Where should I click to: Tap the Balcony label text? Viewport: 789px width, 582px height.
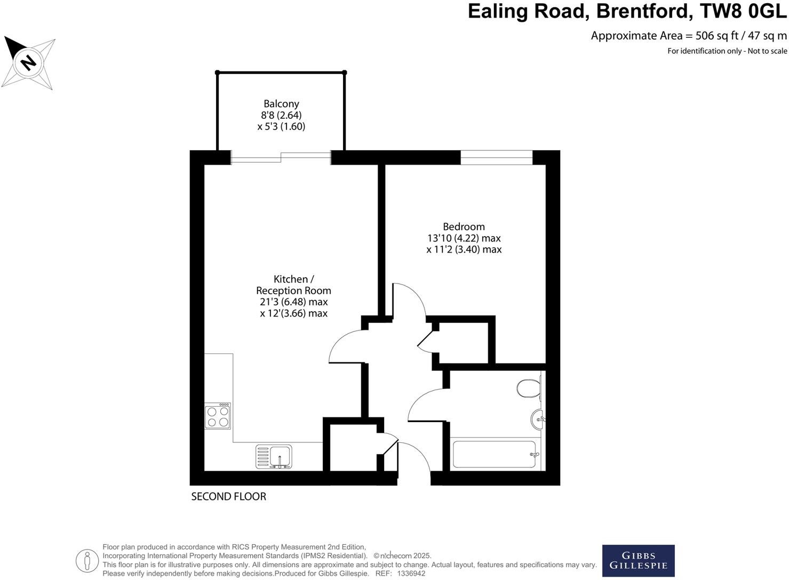[x=281, y=104]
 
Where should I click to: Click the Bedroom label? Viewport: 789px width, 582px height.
[x=464, y=227]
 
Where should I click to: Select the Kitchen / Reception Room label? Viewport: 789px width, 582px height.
[x=293, y=285]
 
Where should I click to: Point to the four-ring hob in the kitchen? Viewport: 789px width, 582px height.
[x=218, y=416]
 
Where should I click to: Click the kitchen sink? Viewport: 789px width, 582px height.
[x=280, y=457]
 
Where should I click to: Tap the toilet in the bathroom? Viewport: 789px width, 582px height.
[x=529, y=388]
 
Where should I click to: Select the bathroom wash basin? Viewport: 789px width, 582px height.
[x=537, y=419]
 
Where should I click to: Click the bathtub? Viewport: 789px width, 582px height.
[x=495, y=454]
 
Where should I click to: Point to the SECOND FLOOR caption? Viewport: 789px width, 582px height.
[x=228, y=497]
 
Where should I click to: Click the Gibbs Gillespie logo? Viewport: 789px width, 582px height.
[x=638, y=561]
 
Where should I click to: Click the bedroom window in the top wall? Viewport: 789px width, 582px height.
[x=497, y=157]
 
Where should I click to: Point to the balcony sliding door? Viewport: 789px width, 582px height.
[x=281, y=157]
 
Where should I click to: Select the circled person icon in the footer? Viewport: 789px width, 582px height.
[x=87, y=561]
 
